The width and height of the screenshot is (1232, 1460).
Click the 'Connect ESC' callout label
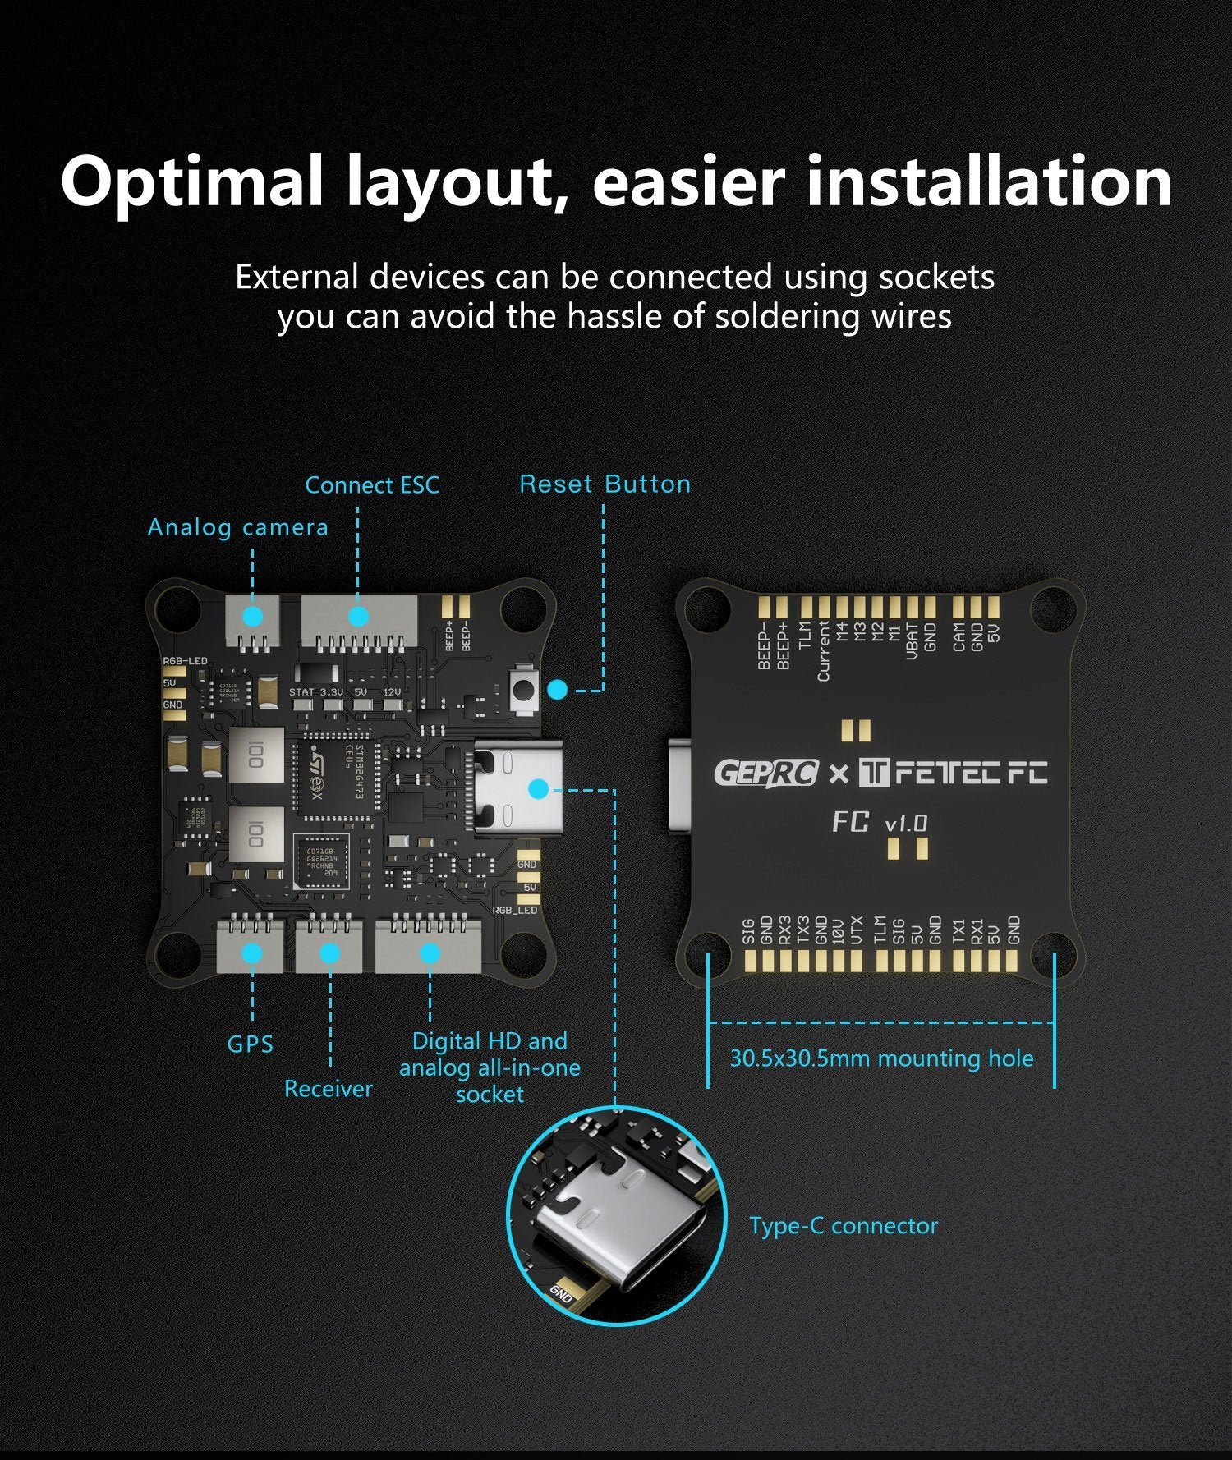(372, 485)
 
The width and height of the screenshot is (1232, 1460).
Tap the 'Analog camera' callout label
(237, 527)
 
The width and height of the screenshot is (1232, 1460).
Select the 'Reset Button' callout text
(605, 484)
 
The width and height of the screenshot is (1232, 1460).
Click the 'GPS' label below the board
(250, 1044)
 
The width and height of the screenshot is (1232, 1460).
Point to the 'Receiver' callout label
(328, 1089)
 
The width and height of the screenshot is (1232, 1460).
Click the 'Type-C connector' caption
(843, 1226)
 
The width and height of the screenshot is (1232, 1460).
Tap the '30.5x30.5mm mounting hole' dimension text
(881, 1058)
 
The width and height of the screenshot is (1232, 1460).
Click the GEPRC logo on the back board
(765, 773)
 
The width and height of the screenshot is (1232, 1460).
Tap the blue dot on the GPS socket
(252, 953)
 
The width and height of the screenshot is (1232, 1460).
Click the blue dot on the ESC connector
(358, 616)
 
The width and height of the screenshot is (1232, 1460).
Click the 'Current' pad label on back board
(823, 651)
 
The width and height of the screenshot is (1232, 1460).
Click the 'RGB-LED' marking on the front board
(185, 661)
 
